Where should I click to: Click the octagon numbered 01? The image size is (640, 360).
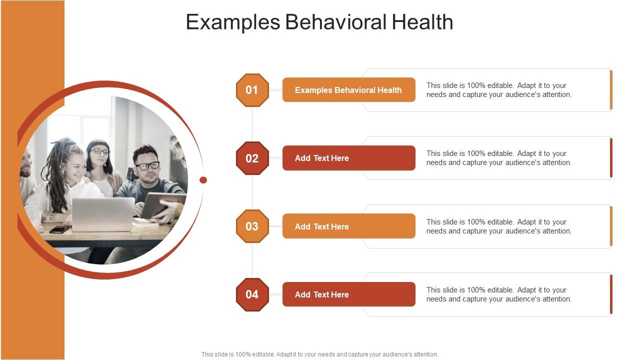coord(252,90)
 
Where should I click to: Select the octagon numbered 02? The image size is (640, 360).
coord(252,158)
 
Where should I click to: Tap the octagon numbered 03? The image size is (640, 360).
coord(252,226)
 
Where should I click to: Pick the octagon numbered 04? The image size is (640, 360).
coord(252,294)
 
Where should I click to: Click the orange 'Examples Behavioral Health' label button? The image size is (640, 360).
coord(349,89)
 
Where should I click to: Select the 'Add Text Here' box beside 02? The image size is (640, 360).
coord(349,158)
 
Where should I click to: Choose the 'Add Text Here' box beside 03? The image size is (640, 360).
coord(349,226)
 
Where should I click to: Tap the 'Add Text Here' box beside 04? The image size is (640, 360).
coord(349,294)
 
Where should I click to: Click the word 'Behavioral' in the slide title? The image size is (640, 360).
coord(335,21)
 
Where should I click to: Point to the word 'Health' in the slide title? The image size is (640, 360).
coord(422,21)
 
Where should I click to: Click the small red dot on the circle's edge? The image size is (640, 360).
coord(203,180)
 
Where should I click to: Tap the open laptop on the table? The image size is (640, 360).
coord(103,214)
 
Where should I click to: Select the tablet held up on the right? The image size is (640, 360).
coord(163,205)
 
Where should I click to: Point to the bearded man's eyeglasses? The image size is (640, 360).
coord(147,165)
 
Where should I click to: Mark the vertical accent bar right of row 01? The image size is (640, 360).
coord(611,90)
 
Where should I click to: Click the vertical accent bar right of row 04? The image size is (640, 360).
coord(611,294)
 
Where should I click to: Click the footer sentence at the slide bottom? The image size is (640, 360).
coord(319,354)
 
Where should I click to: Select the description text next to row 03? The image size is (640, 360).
coord(499,226)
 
